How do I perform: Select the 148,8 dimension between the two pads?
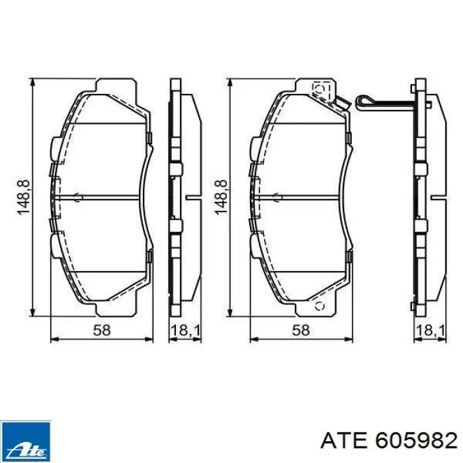[222, 198]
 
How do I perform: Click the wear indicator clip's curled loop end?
[362, 101]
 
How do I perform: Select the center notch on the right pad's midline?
[276, 196]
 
